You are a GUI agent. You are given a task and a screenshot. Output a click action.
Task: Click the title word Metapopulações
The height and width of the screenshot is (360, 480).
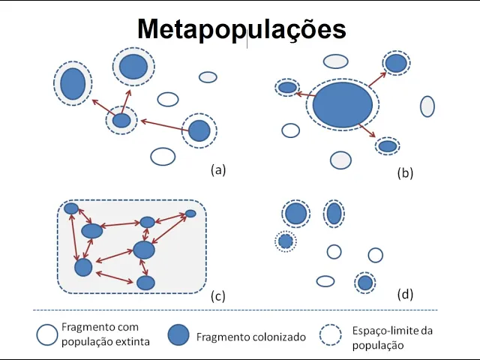pos(241,29)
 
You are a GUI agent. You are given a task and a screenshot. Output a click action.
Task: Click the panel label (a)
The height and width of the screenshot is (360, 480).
pos(218,169)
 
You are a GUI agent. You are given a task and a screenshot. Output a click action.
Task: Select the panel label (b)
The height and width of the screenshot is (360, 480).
pos(405,173)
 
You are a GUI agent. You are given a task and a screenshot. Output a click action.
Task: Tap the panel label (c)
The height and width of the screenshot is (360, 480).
pos(217,295)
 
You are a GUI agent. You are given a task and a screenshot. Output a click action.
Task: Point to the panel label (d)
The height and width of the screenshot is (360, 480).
pos(406,294)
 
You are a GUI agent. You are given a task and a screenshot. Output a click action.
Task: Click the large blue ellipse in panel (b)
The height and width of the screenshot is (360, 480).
pos(342,104)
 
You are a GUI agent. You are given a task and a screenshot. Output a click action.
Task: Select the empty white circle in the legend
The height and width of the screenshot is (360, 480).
pos(47,334)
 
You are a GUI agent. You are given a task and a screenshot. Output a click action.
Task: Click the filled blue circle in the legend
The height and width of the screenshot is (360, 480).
pos(178,335)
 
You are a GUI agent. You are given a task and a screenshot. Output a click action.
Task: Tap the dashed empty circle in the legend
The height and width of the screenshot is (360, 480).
pos(331,335)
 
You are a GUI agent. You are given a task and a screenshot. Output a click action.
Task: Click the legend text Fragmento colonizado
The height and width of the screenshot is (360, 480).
pos(251,337)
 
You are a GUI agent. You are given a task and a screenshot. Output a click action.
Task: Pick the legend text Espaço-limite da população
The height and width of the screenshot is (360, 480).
pos(392,337)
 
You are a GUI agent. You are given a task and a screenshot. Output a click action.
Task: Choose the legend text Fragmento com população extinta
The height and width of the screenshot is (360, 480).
pos(106,334)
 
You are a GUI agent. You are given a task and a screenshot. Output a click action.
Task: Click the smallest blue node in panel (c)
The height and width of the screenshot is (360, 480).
pos(190,214)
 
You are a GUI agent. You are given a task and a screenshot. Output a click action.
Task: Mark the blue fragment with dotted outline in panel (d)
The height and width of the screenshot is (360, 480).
pos(285,241)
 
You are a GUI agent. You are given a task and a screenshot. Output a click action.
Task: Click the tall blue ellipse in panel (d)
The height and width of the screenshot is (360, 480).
pos(334,214)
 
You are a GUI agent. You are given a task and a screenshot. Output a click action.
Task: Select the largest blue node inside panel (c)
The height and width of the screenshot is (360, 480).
pos(143,250)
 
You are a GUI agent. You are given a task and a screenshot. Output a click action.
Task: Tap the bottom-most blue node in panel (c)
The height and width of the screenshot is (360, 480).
pos(145,283)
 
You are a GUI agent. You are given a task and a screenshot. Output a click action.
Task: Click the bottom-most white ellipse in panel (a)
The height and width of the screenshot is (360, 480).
pos(163,156)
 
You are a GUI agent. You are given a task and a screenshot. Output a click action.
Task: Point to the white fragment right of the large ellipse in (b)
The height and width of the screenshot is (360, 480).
pos(427,106)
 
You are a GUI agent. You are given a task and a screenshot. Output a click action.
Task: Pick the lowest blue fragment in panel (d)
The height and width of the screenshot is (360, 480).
pos(365,283)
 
